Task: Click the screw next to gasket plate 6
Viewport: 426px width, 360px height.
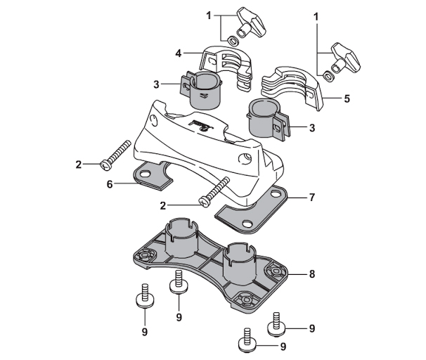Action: (x=118, y=154)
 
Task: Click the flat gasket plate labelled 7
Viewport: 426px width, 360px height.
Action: (x=252, y=212)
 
